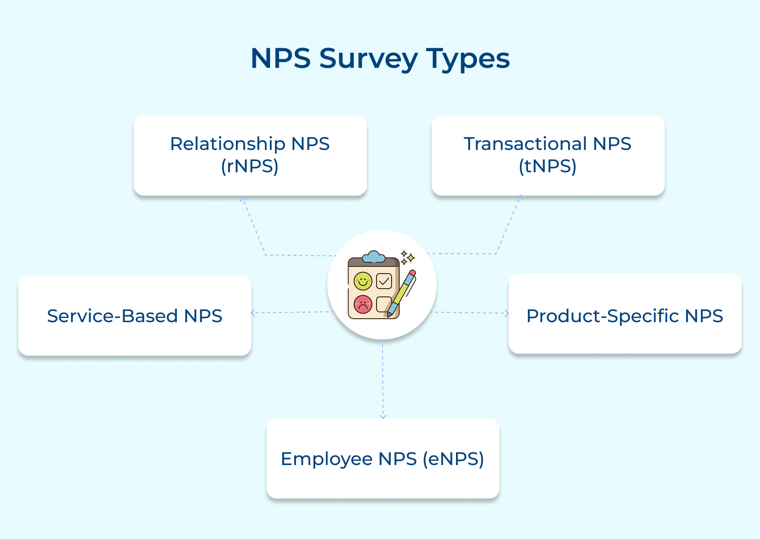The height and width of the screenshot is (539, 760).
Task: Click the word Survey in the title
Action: [x=368, y=59]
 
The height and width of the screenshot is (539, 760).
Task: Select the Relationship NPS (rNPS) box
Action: [x=250, y=156]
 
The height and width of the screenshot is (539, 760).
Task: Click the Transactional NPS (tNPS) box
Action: [x=548, y=156]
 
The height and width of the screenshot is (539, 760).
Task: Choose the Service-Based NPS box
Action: [x=134, y=316]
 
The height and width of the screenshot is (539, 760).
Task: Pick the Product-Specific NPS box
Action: [x=625, y=314]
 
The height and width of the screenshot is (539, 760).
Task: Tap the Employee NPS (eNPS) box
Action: [x=383, y=458]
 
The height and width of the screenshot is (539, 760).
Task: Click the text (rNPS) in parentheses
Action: [x=250, y=166]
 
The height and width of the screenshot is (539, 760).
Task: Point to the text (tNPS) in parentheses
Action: [x=548, y=166]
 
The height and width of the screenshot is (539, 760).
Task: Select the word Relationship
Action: [x=227, y=144]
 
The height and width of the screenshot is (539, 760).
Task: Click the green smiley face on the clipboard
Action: [x=363, y=281]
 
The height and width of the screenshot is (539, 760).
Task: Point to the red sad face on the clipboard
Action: [x=363, y=304]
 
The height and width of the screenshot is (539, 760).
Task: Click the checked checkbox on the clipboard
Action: [x=384, y=281]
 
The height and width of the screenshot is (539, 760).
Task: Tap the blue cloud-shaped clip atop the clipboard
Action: [x=374, y=257]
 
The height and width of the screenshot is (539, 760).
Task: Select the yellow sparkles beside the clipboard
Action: [x=407, y=257]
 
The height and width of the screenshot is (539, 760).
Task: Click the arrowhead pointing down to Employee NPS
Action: [x=383, y=416]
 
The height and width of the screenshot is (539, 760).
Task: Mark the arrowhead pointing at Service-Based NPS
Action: [x=253, y=313]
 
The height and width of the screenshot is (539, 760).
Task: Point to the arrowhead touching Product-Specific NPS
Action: [x=506, y=313]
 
